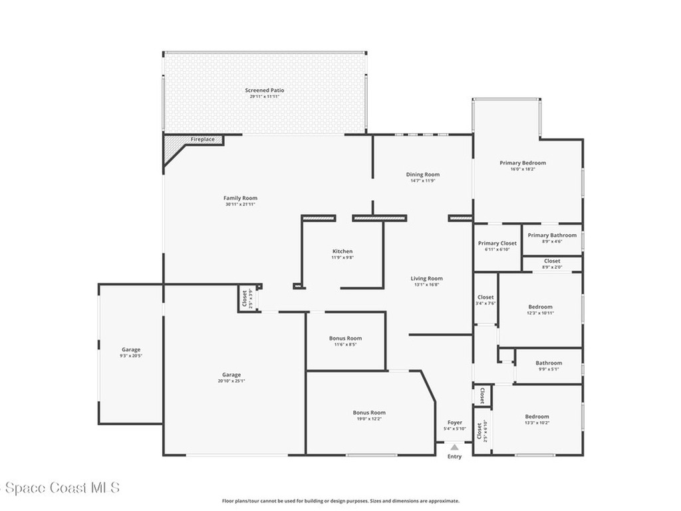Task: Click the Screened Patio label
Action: [265, 90]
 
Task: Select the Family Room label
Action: [240, 198]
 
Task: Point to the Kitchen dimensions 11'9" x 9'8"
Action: [342, 257]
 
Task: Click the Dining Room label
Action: [423, 174]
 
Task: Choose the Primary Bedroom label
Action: [523, 162]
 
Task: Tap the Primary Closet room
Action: [497, 247]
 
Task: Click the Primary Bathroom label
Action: [552, 235]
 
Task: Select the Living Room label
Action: [426, 278]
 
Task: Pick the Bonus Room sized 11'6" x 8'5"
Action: [345, 341]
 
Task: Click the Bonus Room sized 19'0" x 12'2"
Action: [369, 415]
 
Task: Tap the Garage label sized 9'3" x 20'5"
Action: [131, 353]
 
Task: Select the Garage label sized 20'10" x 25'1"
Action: [231, 377]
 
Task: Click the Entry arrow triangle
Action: [454, 447]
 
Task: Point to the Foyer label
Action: [455, 422]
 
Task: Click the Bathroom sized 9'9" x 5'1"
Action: [549, 365]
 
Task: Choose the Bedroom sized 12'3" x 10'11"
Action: [539, 309]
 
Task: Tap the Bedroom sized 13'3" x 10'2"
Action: [537, 419]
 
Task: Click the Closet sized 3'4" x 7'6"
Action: [485, 299]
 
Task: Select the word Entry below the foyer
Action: [454, 456]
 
